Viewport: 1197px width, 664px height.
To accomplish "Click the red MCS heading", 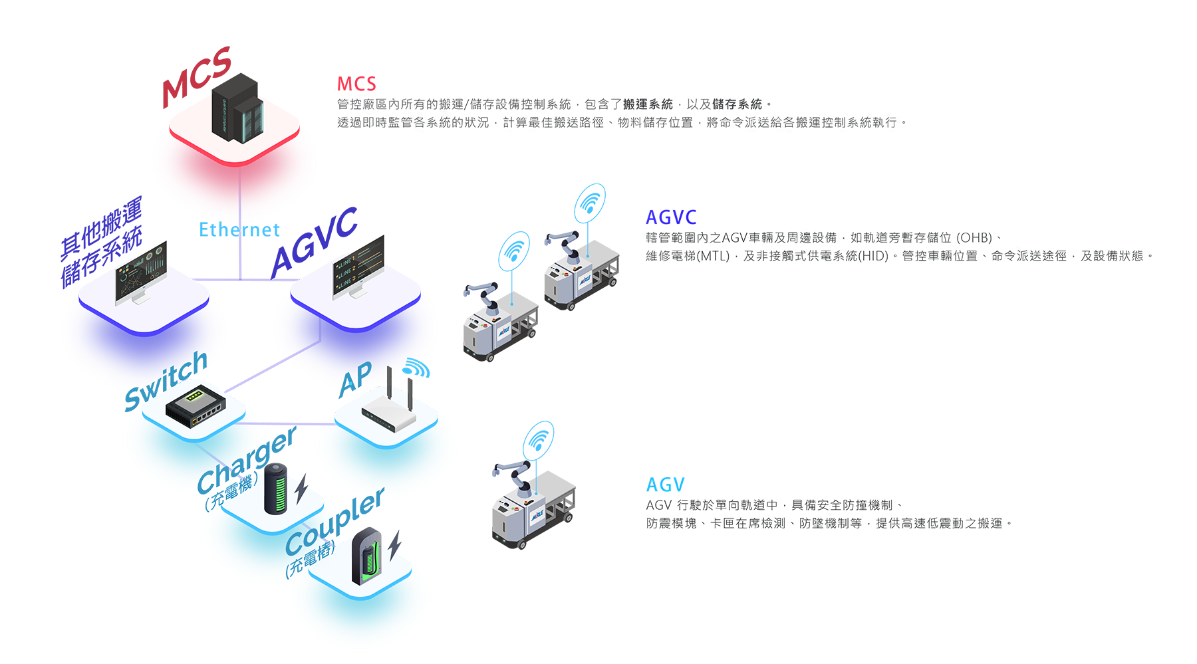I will point(356,83).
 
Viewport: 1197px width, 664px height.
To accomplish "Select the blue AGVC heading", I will point(670,217).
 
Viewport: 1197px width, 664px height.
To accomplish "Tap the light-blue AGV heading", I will point(664,484).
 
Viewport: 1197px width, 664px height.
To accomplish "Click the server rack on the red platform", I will point(235,113).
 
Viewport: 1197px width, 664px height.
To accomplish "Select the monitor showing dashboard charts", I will point(141,273).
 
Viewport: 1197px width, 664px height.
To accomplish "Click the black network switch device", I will point(196,406).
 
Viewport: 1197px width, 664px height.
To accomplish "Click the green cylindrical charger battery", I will point(279,489).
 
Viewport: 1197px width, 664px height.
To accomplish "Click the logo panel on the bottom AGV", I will point(536,514).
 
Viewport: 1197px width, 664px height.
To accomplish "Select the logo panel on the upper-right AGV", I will point(585,279).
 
